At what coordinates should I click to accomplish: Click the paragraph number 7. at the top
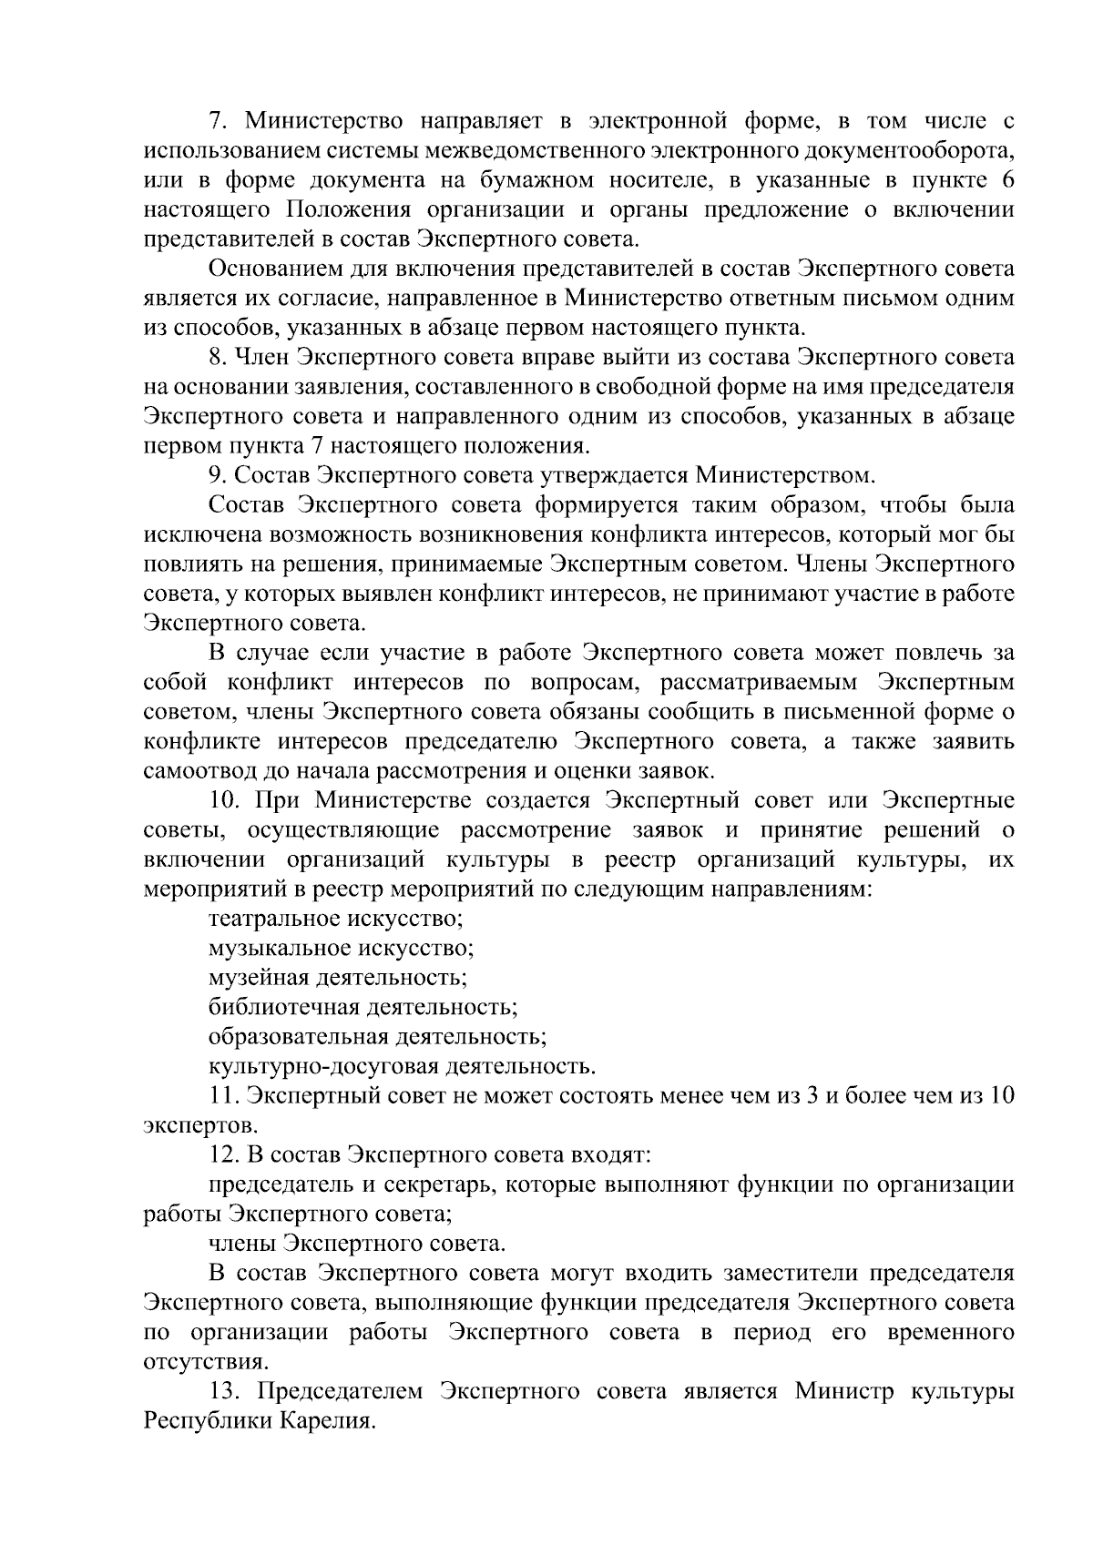click(x=217, y=121)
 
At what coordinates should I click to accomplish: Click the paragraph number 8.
click(x=217, y=358)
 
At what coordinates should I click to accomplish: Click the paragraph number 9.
click(x=217, y=476)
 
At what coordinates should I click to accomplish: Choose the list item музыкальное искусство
click(x=341, y=949)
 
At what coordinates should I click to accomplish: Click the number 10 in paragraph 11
click(x=1001, y=1096)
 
